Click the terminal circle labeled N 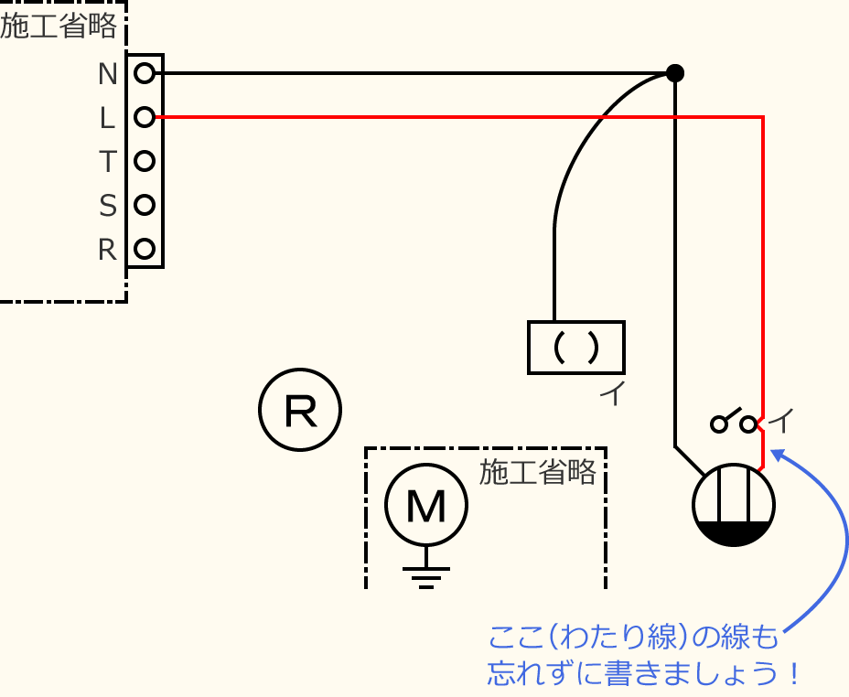click(144, 73)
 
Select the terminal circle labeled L click(144, 117)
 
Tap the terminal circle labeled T click(144, 161)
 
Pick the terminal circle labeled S click(144, 205)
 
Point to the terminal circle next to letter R click(144, 248)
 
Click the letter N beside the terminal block click(108, 73)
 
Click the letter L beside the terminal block click(108, 118)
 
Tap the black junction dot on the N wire click(674, 73)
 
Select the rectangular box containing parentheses click(576, 348)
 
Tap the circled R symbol click(300, 410)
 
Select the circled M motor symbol click(425, 505)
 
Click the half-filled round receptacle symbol click(734, 506)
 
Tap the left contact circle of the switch click(719, 424)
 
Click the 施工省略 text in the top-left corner click(59, 27)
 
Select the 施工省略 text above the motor click(538, 472)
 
